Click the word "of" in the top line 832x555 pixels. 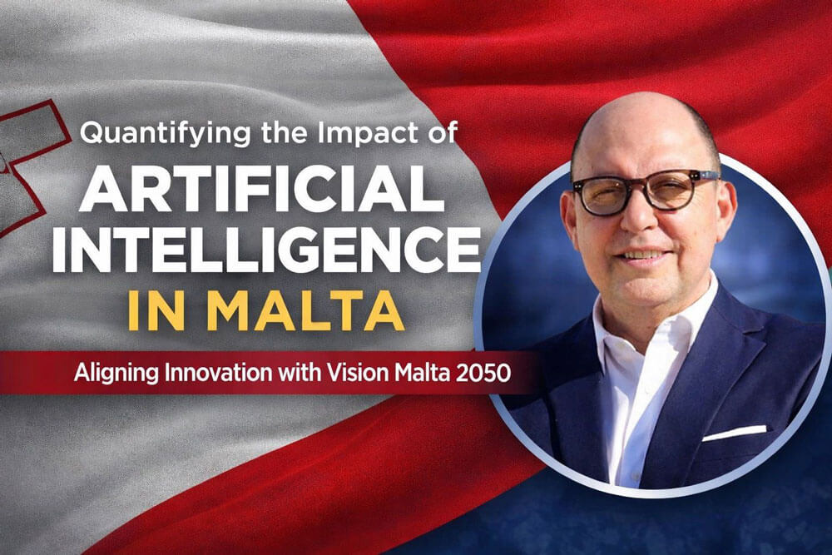(x=441, y=132)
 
